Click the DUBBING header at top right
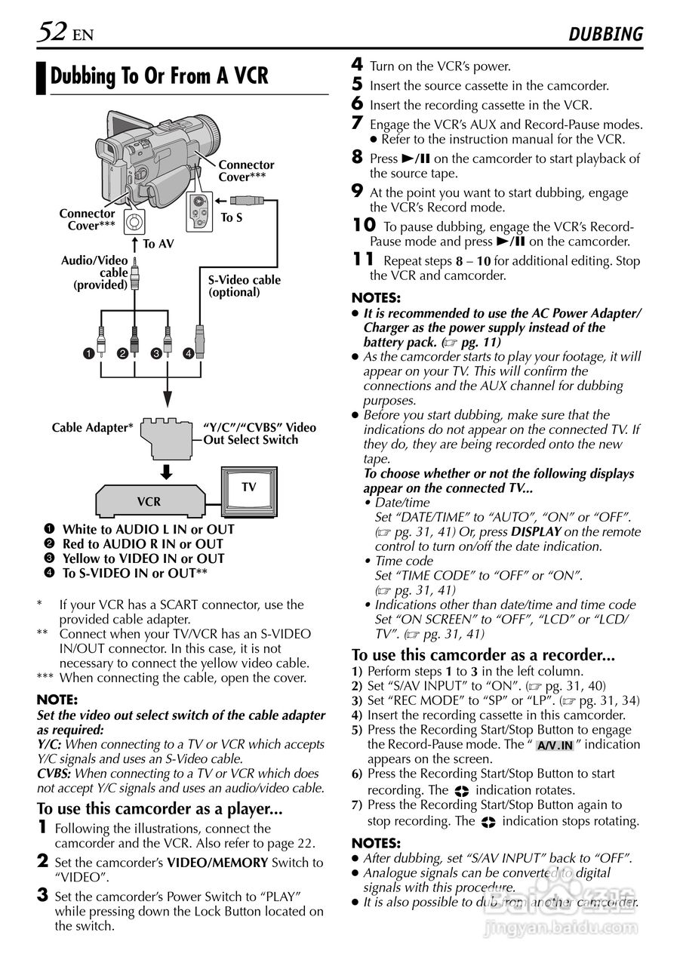click(x=605, y=34)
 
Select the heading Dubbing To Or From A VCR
click(x=159, y=77)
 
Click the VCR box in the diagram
click(x=149, y=501)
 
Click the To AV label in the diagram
click(x=158, y=244)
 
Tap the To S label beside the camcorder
click(x=231, y=217)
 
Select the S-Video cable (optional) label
click(x=244, y=286)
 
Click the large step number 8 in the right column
click(x=358, y=158)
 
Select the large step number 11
click(x=363, y=260)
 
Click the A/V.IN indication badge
click(x=555, y=746)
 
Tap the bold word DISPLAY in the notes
click(x=535, y=531)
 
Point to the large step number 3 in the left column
click(x=43, y=896)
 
